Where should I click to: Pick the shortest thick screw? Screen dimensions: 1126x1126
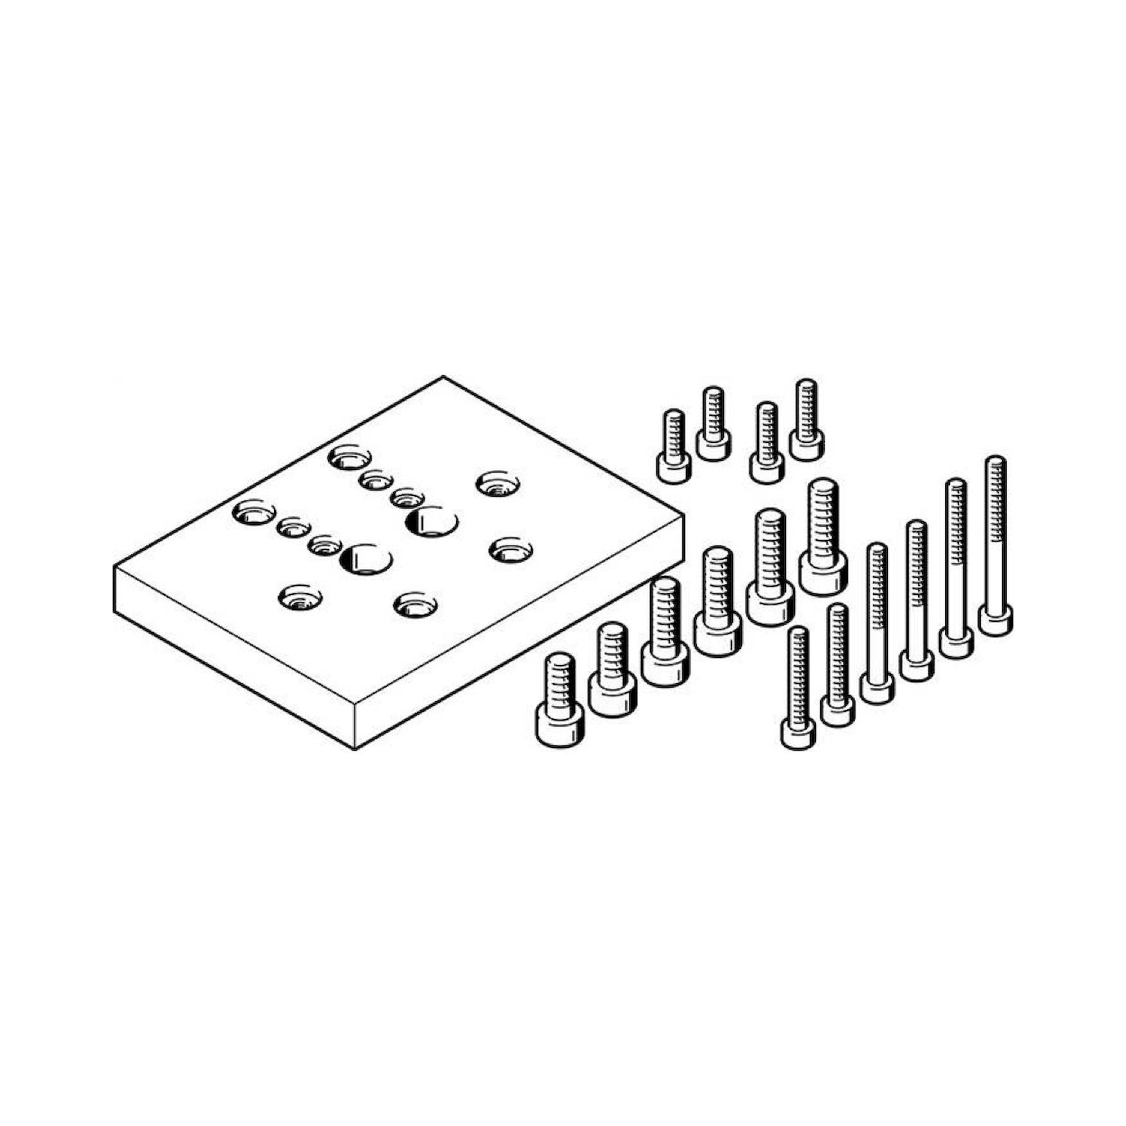[x=559, y=699]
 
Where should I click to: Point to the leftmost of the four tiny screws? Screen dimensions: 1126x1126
[x=674, y=444]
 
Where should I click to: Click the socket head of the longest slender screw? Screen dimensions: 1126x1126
[x=995, y=620]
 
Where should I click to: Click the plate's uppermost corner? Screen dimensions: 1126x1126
[x=443, y=377]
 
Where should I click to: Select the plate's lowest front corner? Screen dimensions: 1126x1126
[x=355, y=748]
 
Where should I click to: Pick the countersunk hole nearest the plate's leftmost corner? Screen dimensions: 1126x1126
[x=253, y=513]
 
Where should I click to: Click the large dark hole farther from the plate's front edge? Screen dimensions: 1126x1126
[x=432, y=522]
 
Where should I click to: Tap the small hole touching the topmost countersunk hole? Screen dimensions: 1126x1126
[x=376, y=481]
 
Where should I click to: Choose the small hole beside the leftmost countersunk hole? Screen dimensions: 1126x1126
[x=293, y=528]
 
